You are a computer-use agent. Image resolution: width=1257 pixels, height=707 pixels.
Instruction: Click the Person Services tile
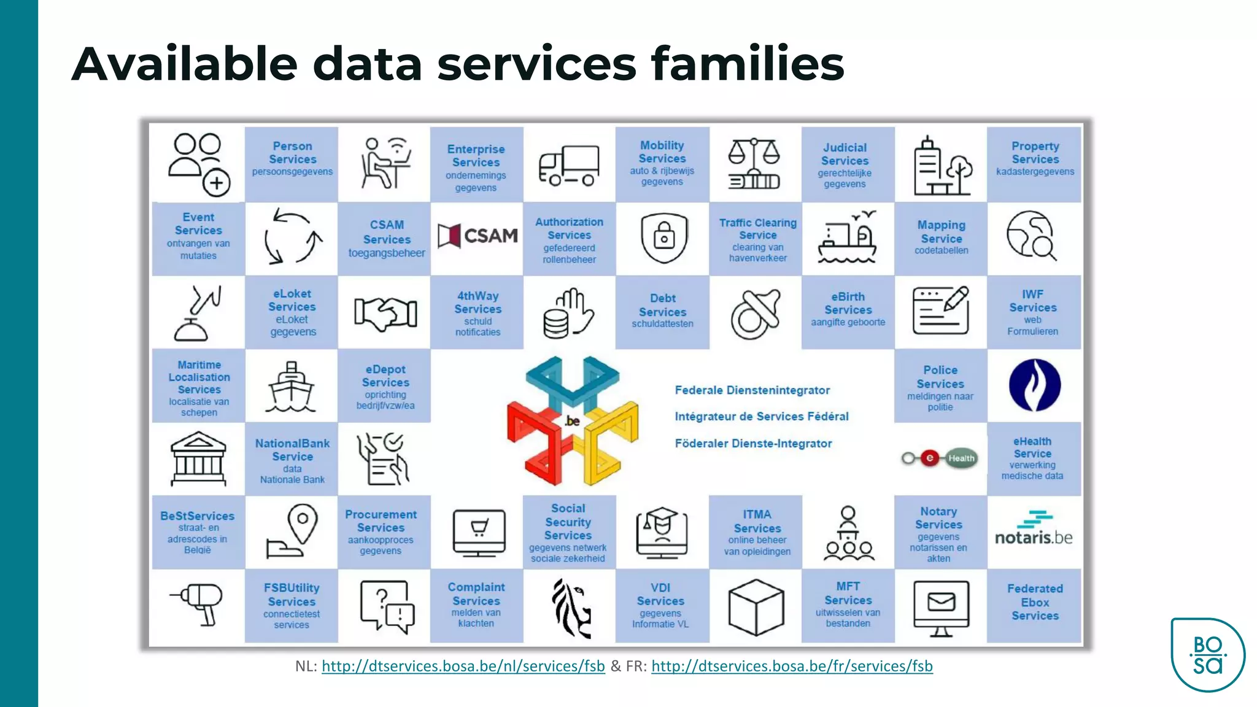292,163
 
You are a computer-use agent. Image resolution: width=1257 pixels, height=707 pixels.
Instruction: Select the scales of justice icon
754,164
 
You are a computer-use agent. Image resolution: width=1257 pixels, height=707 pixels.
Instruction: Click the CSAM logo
478,236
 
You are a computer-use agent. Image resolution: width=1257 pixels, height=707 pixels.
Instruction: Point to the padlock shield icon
663,238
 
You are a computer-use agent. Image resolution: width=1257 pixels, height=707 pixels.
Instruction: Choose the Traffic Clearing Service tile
757,239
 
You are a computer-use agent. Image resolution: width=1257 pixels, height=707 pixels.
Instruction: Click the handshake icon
385,313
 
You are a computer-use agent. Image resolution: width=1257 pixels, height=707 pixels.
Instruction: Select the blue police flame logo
1034,385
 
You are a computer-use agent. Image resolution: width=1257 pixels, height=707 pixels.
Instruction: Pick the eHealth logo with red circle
940,458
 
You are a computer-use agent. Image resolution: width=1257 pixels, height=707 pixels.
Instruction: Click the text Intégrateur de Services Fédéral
761,417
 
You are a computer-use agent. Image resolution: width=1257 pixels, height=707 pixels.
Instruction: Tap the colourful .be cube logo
572,420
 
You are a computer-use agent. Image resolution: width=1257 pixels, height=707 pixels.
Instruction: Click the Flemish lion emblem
571,608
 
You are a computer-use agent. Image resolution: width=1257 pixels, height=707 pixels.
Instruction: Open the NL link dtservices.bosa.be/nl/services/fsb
463,666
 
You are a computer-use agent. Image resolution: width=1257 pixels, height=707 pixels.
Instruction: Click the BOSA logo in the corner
1207,655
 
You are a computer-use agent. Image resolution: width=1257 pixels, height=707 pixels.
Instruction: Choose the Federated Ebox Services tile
1034,603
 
